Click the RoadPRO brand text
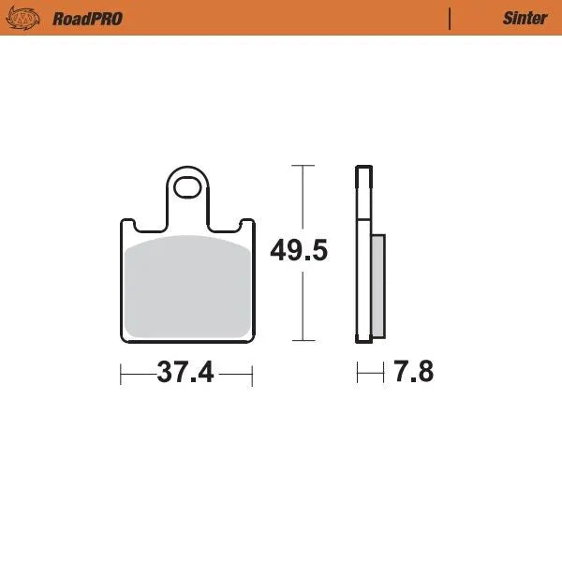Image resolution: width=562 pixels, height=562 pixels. pyautogui.click(x=87, y=18)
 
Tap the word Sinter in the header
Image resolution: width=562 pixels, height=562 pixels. pyautogui.click(x=525, y=18)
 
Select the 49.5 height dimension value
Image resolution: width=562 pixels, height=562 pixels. pyautogui.click(x=299, y=251)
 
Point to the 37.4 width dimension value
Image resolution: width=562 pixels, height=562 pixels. pyautogui.click(x=186, y=373)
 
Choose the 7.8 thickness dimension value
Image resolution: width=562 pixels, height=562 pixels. pyautogui.click(x=414, y=372)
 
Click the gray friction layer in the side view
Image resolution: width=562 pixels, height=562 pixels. pyautogui.click(x=377, y=285)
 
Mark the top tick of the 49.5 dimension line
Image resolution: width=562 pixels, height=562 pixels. pyautogui.click(x=301, y=166)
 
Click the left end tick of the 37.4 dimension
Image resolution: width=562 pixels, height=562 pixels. pyautogui.click(x=122, y=374)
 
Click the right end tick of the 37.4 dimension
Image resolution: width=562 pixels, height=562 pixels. pyautogui.click(x=253, y=374)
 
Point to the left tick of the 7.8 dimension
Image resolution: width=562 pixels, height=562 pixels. pyautogui.click(x=357, y=373)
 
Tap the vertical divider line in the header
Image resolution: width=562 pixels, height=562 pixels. pyautogui.click(x=451, y=18)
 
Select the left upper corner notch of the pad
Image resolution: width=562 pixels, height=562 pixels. pyautogui.click(x=131, y=224)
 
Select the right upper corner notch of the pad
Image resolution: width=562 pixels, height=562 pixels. pyautogui.click(x=244, y=224)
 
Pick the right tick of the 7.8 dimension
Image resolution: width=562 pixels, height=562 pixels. pyautogui.click(x=384, y=373)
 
